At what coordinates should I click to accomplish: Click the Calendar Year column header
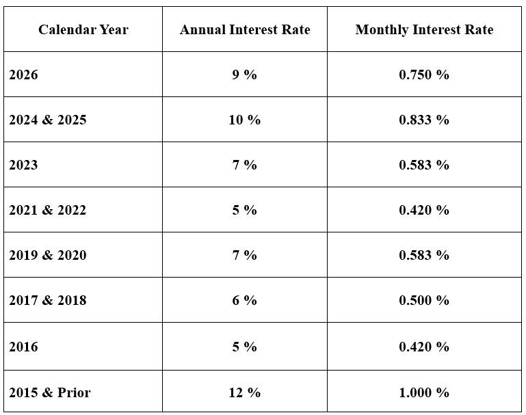[x=83, y=29]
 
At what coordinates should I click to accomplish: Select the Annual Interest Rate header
[x=244, y=29]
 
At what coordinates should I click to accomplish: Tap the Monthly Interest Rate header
[x=424, y=29]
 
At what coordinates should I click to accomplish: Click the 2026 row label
[x=23, y=75]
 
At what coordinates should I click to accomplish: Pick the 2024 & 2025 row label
[x=48, y=120]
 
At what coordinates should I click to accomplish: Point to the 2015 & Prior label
[x=49, y=392]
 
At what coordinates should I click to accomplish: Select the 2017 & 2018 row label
[x=48, y=300]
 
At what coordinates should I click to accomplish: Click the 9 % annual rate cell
[x=244, y=75]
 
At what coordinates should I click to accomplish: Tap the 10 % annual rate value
[x=244, y=120]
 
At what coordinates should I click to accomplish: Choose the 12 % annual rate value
[x=244, y=392]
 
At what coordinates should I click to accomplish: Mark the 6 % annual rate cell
[x=244, y=300]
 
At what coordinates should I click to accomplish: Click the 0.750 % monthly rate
[x=424, y=75]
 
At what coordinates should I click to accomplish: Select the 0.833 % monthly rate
[x=424, y=120]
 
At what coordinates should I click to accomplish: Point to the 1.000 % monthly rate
[x=424, y=392]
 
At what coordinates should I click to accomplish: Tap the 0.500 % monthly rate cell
[x=424, y=300]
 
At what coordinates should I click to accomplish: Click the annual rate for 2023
[x=244, y=165]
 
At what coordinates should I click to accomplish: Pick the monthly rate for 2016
[x=424, y=347]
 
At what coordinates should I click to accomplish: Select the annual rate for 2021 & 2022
[x=244, y=210]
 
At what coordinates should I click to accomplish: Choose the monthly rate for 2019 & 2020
[x=424, y=255]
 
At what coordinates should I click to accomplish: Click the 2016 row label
[x=23, y=347]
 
